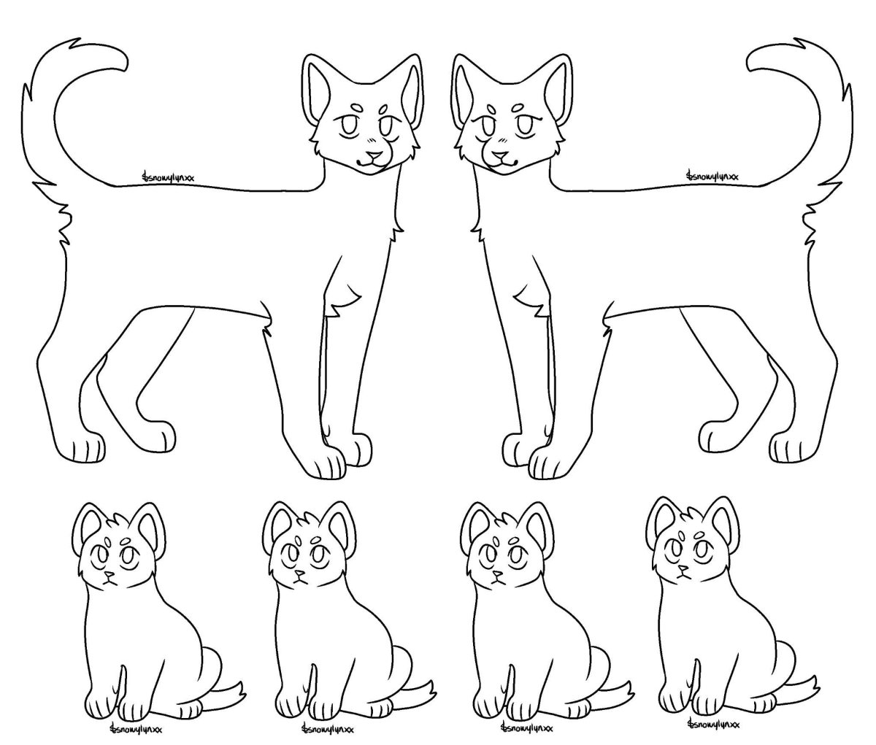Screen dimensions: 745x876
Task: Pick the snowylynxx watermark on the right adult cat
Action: [712, 176]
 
